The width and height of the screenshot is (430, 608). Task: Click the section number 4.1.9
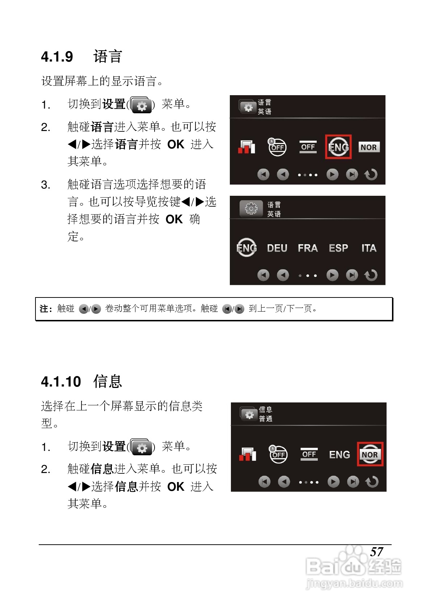57,57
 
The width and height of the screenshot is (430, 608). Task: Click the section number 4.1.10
61,382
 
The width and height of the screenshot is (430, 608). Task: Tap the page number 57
376,552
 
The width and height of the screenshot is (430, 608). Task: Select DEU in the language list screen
277,248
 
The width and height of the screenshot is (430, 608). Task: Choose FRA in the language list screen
308,248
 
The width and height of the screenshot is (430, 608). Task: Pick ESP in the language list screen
338,248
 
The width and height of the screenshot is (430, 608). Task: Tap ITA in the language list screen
369,248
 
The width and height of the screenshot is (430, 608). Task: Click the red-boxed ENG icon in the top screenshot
338,147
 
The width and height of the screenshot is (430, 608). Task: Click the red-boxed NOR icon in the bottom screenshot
370,455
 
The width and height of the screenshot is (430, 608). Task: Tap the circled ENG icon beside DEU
246,248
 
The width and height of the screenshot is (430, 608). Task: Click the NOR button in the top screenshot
368,147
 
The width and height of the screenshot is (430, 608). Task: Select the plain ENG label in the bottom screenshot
340,455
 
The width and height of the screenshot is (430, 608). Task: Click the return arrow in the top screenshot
371,174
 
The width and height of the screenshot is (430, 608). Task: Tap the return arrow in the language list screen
371,275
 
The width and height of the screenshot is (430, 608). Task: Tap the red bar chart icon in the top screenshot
246,147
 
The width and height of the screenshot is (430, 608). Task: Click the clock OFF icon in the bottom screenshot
278,454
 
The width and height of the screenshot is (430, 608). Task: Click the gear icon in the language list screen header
251,209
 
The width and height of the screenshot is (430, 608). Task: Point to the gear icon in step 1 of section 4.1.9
142,105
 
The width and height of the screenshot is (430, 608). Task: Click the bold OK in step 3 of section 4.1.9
174,219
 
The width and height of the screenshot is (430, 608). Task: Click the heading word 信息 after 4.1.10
107,381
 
